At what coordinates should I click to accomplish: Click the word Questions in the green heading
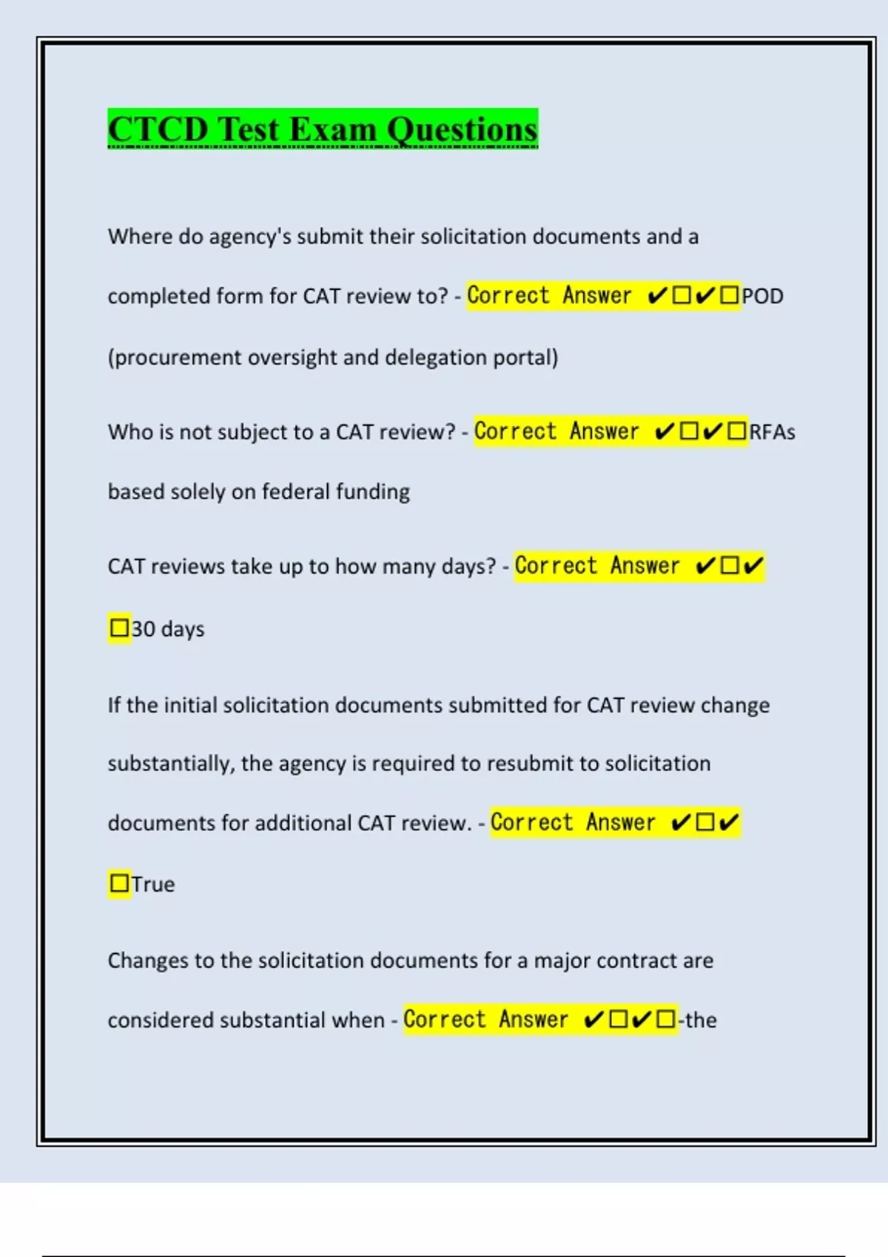[462, 130]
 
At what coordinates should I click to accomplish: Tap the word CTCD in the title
[158, 130]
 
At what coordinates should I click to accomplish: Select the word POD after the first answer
[762, 297]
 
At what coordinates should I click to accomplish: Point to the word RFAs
[772, 433]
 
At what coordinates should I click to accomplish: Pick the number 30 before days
[143, 629]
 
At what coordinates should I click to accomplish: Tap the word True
[153, 884]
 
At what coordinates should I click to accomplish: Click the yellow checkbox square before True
[119, 884]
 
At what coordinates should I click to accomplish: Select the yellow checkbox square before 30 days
[119, 628]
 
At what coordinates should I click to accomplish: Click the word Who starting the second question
[125, 433]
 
